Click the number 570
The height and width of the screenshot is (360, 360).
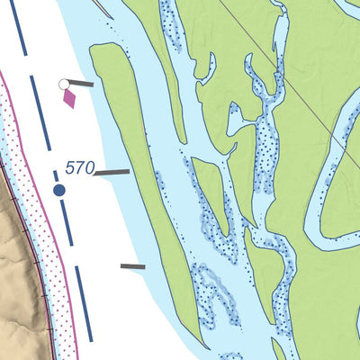pyautogui.click(x=77, y=167)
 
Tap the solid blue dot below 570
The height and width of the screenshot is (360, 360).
pyautogui.click(x=59, y=190)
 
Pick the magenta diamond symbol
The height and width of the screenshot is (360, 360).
pyautogui.click(x=69, y=98)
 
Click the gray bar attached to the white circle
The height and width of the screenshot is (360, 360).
pyautogui.click(x=81, y=84)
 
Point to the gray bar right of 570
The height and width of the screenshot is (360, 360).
pyautogui.click(x=112, y=171)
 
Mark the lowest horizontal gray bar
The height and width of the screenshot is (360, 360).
pyautogui.click(x=132, y=266)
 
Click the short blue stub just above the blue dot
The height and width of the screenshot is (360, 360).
pyautogui.click(x=56, y=175)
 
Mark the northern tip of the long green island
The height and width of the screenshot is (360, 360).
pyautogui.click(x=99, y=48)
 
